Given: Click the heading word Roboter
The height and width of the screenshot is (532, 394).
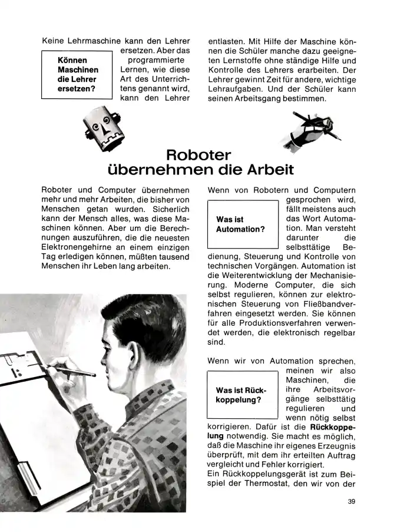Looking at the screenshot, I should coord(198,156).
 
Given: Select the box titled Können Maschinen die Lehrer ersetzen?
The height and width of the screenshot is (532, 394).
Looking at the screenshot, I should coord(77,75).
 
